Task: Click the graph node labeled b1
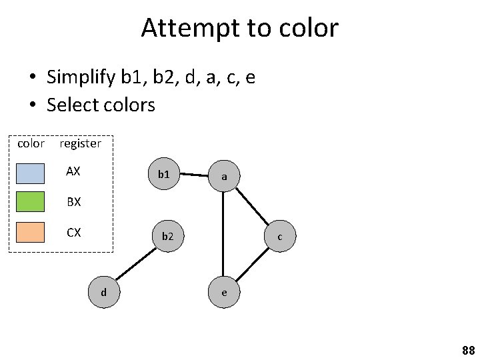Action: pos(164,175)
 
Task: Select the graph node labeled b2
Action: pos(167,235)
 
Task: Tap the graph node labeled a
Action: pos(224,177)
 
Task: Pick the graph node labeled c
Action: pos(280,236)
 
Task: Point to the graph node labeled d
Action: pos(103,291)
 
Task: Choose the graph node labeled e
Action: pos(224,291)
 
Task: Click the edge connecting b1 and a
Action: pos(194,175)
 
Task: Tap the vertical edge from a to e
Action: pos(224,233)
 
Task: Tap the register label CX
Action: pos(73,233)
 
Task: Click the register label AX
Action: pos(73,171)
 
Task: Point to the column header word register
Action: pos(80,143)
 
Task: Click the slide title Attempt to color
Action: pos(240,28)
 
